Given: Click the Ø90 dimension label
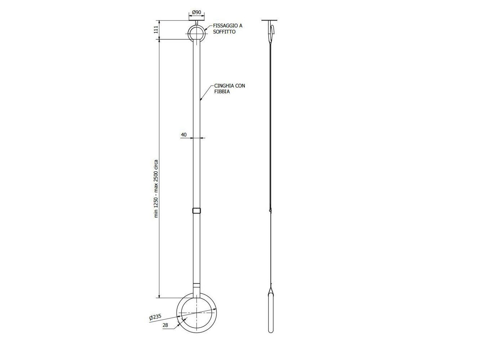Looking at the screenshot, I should [x=197, y=12].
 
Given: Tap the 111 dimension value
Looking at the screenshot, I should [x=156, y=30].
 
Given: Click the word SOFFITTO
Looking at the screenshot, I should [x=224, y=32].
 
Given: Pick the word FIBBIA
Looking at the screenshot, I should [x=222, y=91].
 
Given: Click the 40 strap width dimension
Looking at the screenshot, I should [x=184, y=135].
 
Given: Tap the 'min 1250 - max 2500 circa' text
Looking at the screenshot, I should [x=156, y=189].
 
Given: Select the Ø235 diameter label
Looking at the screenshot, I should [x=155, y=318].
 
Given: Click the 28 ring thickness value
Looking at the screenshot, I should [x=165, y=325].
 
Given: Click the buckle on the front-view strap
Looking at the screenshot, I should [x=197, y=211].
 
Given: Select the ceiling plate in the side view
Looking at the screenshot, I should [x=269, y=20].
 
